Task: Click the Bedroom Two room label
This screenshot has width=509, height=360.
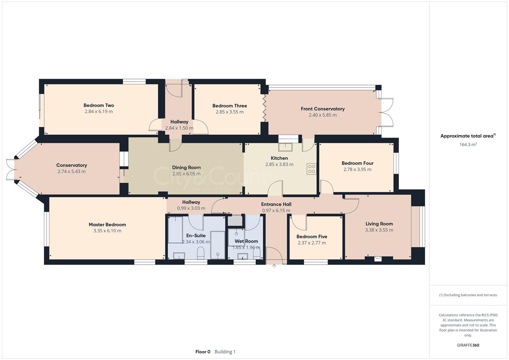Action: click(x=99, y=105)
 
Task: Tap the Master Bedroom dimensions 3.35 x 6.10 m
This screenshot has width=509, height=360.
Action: click(x=107, y=231)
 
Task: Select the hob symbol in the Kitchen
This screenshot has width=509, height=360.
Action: click(x=312, y=169)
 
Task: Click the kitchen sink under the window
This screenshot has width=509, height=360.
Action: click(x=285, y=147)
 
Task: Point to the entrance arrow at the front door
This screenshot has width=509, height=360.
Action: click(x=274, y=266)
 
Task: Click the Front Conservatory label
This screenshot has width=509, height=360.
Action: click(x=322, y=109)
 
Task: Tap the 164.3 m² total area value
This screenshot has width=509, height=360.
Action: click(x=468, y=144)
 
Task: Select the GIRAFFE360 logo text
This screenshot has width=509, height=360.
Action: click(x=468, y=345)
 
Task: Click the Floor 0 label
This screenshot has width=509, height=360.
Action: click(x=203, y=352)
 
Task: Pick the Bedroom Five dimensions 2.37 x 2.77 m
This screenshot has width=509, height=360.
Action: click(x=312, y=243)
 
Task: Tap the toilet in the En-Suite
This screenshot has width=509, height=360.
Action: click(x=201, y=253)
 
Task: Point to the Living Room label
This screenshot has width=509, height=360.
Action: click(x=379, y=224)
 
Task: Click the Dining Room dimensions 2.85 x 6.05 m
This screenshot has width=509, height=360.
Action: click(x=186, y=174)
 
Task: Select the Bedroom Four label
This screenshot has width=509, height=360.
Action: click(x=357, y=163)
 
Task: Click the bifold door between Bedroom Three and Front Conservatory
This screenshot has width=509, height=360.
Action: click(x=265, y=108)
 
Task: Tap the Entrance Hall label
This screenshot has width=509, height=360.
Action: click(x=276, y=204)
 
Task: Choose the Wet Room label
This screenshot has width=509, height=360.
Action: click(x=246, y=241)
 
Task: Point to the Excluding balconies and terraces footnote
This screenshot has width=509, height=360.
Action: click(x=468, y=295)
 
